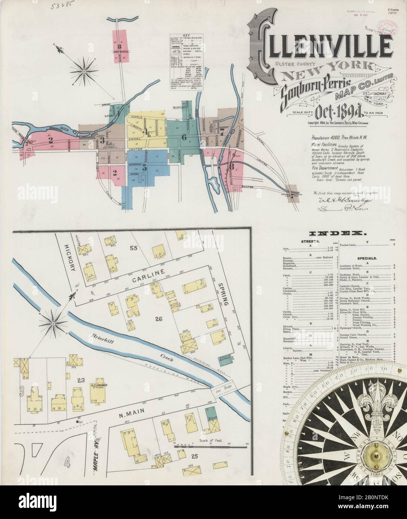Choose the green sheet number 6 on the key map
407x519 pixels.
pos(184,137)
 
